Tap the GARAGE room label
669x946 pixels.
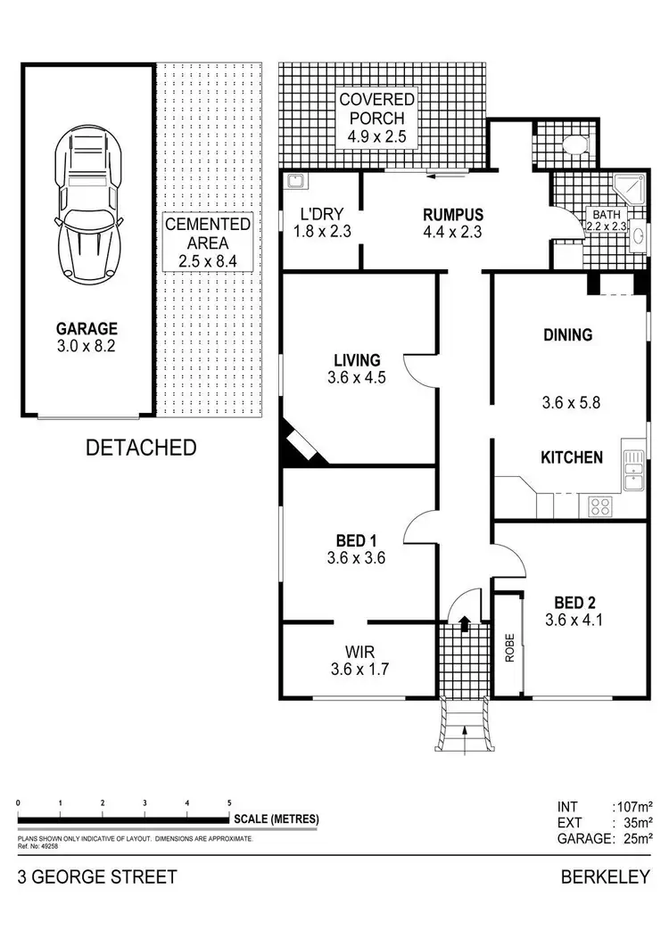point(87,329)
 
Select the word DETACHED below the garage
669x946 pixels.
point(141,448)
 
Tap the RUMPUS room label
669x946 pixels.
point(453,215)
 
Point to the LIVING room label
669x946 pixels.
point(357,360)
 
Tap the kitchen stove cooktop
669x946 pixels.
point(600,506)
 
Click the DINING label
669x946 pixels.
point(568,335)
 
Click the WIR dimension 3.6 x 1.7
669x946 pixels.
point(357,668)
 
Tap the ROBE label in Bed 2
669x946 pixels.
point(509,644)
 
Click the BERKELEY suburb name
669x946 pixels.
point(606,877)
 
